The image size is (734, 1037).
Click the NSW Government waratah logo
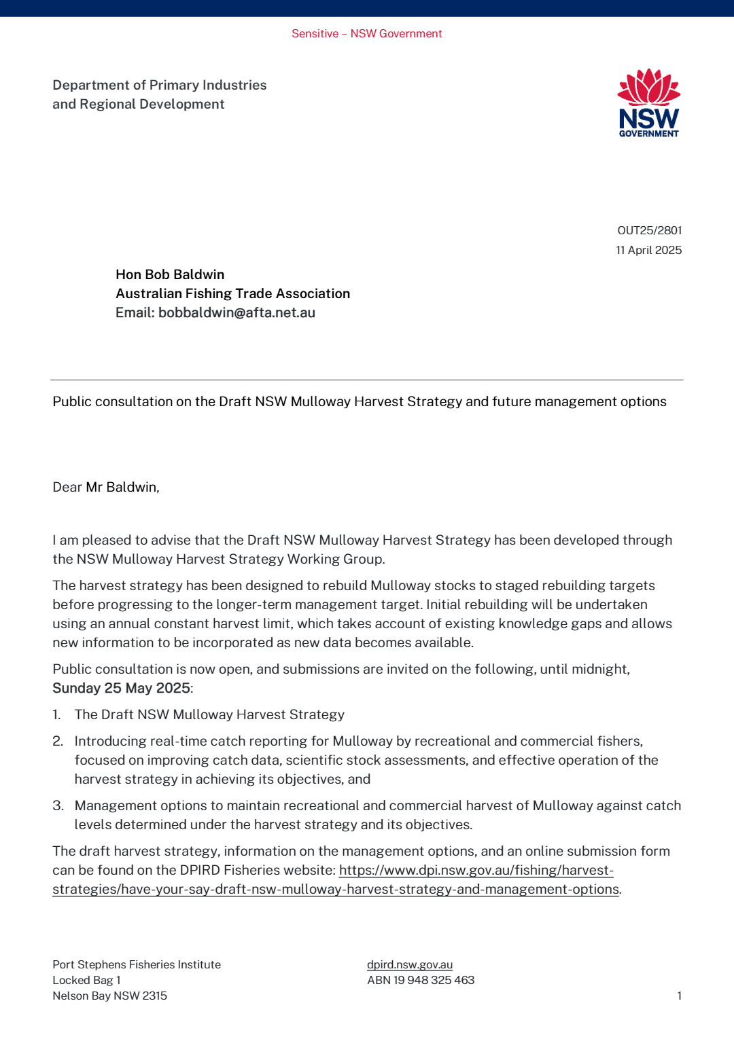648,103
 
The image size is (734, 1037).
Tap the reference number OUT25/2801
649,230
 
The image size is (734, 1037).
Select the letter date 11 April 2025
648,250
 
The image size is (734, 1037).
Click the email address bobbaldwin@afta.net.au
237,312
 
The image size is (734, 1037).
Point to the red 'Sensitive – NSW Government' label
366,33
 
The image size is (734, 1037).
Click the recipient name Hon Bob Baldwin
170,274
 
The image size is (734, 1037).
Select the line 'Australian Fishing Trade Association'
232,293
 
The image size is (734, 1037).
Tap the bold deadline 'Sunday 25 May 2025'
121,688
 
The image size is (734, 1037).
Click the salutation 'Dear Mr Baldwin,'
106,487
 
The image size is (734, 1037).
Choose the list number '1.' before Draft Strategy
57,714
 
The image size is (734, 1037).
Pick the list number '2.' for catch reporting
58,741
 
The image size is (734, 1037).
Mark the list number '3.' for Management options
58,805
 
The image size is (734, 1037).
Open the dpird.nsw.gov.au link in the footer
409,964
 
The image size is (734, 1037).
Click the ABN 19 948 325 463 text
421,980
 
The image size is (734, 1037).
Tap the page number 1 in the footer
679,996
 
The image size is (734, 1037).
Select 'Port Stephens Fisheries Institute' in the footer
137,964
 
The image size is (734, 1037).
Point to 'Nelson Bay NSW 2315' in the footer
109,996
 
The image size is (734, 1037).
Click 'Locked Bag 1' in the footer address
86,980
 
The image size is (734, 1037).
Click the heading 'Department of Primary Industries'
159,85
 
